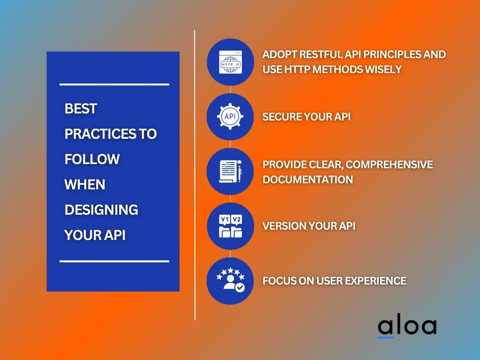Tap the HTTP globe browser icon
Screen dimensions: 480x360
coord(231,62)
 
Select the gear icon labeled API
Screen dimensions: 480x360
coord(230,116)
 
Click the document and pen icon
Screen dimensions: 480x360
coord(231,172)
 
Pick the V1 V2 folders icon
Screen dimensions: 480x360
coord(231,226)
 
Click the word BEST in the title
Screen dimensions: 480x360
coord(81,109)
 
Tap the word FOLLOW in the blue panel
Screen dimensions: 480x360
coord(92,159)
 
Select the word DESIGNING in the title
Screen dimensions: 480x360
coord(101,210)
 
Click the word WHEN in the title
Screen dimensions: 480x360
coord(85,185)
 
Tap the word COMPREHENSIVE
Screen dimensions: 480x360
coord(390,165)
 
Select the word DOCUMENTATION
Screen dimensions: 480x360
coord(307,180)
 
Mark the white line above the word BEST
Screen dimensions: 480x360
coord(114,84)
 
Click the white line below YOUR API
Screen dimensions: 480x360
coord(114,261)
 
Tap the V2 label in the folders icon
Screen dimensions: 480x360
coord(237,219)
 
